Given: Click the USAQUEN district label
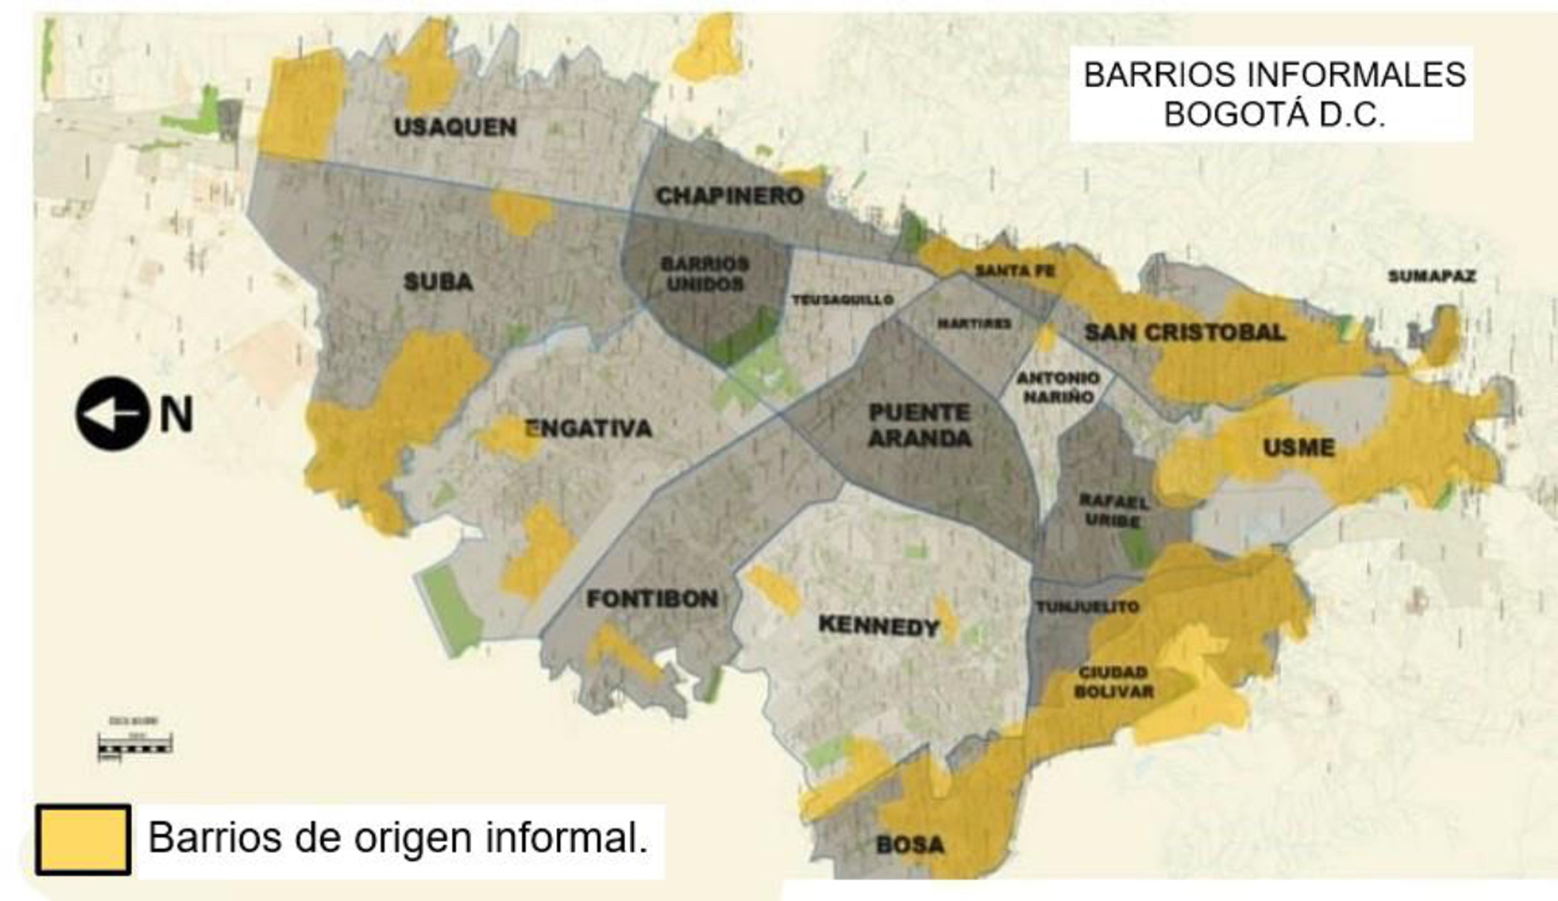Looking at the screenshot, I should [455, 128].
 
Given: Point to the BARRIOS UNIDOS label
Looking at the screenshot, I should [704, 274].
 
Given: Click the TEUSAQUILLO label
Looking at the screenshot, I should [843, 300].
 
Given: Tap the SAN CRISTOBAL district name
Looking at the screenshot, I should [1185, 332].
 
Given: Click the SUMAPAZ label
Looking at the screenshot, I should [1432, 277].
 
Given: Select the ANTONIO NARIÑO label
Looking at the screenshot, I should [1058, 386].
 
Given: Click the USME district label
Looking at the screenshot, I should [1298, 448].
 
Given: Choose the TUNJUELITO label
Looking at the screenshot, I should [1088, 607].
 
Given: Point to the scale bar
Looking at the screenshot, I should [135, 744].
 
